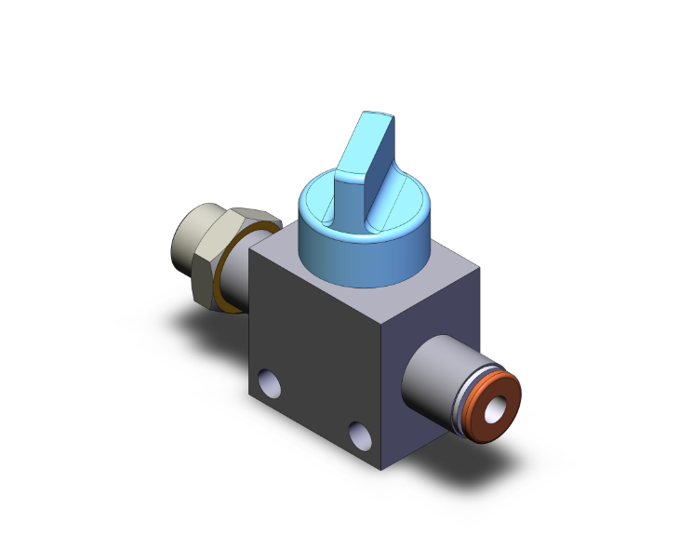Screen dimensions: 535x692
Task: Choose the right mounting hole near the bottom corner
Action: click(x=356, y=433)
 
